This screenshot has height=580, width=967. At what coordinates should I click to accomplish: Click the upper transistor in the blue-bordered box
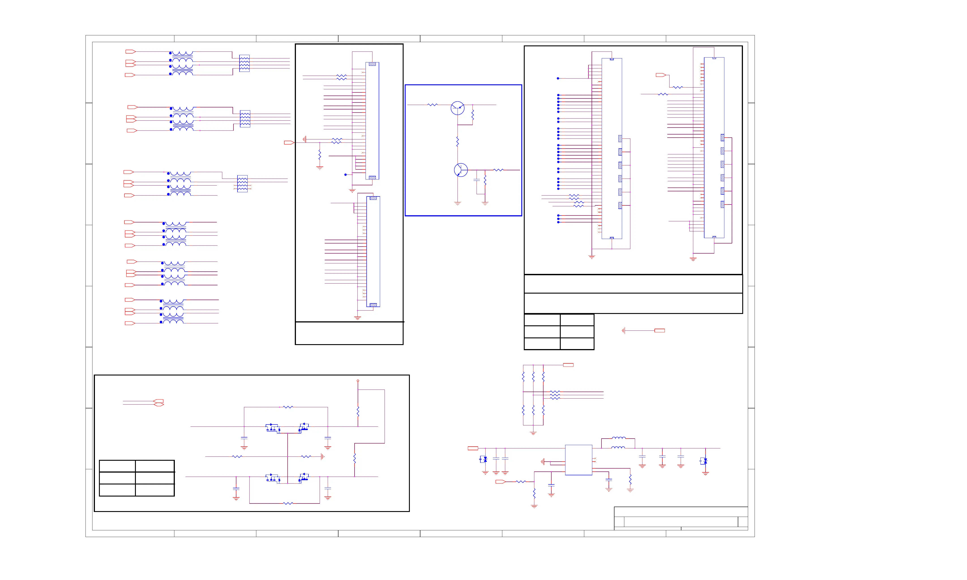tap(457, 108)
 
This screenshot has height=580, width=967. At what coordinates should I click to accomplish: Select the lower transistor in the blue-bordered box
tap(461, 170)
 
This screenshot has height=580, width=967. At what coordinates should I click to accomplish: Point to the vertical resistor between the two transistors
tap(457, 141)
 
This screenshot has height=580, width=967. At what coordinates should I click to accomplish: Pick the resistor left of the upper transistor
tap(432, 105)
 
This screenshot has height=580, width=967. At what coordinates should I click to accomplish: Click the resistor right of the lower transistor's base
tap(498, 170)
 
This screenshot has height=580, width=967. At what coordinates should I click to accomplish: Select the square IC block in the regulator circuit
tap(578, 460)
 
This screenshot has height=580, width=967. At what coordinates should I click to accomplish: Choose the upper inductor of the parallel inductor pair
tap(618, 438)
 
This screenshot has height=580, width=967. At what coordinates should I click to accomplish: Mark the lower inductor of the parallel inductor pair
tap(618, 448)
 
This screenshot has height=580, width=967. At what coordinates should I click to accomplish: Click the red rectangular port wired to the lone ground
tap(659, 331)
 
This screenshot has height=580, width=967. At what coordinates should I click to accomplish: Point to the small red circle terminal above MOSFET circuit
tap(358, 381)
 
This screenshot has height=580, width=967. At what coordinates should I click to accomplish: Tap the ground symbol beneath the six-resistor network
tap(533, 433)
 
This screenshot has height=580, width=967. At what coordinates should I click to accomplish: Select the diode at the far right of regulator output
tap(705, 461)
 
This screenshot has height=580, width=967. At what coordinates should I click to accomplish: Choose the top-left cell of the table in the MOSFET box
tap(117, 466)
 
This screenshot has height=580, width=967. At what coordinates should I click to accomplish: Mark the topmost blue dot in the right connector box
tap(558, 79)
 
